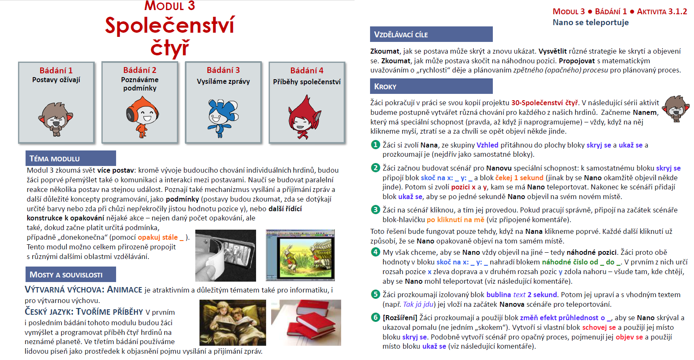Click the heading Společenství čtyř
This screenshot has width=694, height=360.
tap(170, 36)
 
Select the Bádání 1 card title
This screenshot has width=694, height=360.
tap(56, 70)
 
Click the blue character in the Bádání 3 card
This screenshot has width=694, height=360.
tap(223, 118)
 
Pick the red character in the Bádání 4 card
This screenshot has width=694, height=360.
tap(304, 118)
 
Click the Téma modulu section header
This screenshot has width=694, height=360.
tap(70, 158)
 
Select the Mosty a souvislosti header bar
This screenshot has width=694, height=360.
tap(70, 275)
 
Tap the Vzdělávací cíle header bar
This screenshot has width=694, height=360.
tap(431, 34)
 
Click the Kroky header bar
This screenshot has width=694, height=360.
tap(431, 86)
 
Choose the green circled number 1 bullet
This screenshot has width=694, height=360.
tap(375, 145)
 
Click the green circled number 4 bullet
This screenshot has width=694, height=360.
tap(375, 252)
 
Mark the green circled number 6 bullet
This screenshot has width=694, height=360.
tap(375, 318)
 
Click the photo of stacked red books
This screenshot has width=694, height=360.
tap(306, 322)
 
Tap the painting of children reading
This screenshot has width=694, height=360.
tap(233, 322)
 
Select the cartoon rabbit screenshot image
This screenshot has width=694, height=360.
tap(300, 255)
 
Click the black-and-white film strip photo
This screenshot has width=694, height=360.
tap(225, 255)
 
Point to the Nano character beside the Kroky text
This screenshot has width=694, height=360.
tap(676, 109)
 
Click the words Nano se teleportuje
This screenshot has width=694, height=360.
tap(590, 23)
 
